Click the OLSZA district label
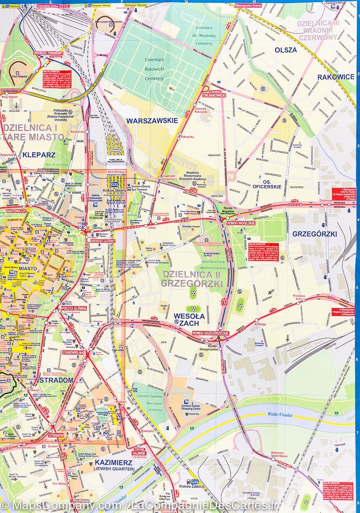coord(286,50)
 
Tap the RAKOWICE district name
coord(336,77)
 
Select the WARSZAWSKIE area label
coord(152,121)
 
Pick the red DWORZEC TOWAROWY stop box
coord(48,53)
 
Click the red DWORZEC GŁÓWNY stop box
coord(103,241)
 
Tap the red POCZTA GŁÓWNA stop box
coord(74,308)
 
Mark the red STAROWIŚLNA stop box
coord(75,352)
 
